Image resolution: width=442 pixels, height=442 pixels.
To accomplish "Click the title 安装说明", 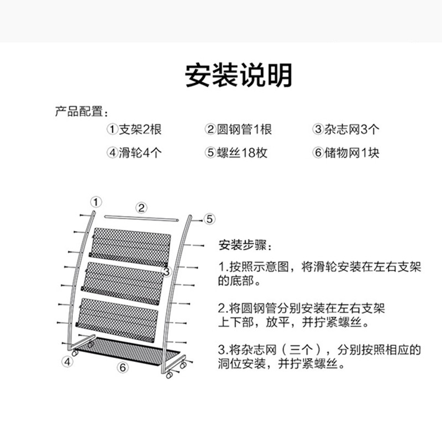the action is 238,75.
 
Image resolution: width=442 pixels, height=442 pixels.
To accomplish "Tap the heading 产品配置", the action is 79,112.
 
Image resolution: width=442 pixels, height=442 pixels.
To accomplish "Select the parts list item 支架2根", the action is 140,129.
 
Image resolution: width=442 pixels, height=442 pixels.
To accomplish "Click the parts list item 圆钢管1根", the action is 244,129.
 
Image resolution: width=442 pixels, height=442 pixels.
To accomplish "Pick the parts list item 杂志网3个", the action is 352,129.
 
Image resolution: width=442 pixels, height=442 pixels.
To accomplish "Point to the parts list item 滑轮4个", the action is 140,153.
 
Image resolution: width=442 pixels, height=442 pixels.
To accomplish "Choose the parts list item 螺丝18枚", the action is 242,153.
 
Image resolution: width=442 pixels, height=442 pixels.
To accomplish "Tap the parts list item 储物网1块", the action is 352,153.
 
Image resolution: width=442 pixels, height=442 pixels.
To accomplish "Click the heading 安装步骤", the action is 243,245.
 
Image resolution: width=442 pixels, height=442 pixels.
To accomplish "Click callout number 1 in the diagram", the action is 96,202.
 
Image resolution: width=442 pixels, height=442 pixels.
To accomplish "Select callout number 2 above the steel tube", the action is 141,208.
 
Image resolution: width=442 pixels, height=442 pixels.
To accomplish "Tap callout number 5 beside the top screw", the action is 209,219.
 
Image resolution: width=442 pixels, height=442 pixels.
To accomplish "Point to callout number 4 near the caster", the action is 67,362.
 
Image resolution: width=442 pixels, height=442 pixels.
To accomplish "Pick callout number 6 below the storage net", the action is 123,367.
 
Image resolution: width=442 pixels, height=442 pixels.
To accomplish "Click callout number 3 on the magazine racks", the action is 167,272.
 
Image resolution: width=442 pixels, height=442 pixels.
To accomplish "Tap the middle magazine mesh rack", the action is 123,283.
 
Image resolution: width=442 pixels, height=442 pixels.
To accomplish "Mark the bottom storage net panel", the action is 128,352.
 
